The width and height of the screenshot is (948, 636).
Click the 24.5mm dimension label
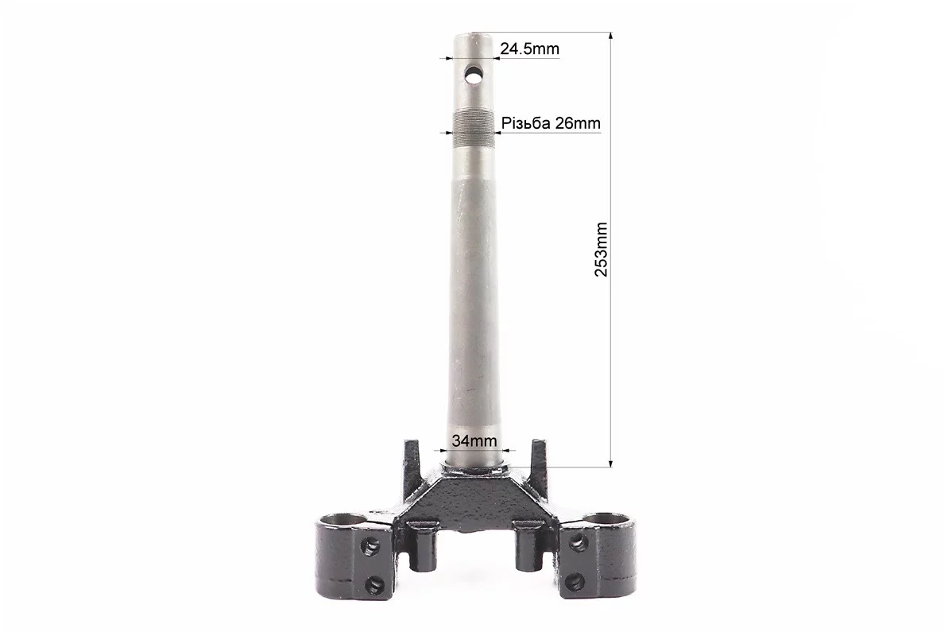tap(529, 48)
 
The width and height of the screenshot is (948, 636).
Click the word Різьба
tap(526, 123)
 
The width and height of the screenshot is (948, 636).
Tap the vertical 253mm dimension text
tap(601, 250)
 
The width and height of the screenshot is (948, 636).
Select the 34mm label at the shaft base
tap(474, 440)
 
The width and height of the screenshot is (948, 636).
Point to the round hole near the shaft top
tap(474, 76)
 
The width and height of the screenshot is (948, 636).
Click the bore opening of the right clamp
tap(607, 520)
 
